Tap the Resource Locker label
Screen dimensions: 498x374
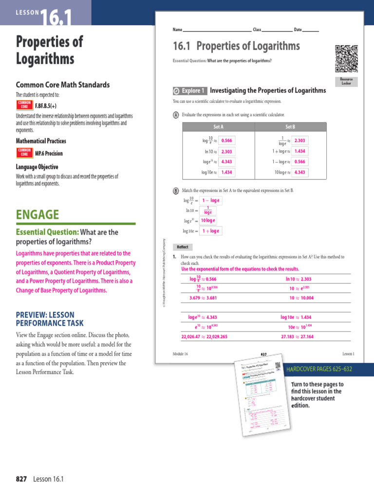346,82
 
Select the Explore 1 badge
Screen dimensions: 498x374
190,90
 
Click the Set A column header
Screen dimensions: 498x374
219,126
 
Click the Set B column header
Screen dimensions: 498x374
290,126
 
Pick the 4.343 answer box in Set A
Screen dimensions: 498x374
226,161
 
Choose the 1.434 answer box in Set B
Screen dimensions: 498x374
300,151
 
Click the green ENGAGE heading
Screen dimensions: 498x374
37,214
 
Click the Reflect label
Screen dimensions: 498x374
183,247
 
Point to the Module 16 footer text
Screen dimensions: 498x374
180,354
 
